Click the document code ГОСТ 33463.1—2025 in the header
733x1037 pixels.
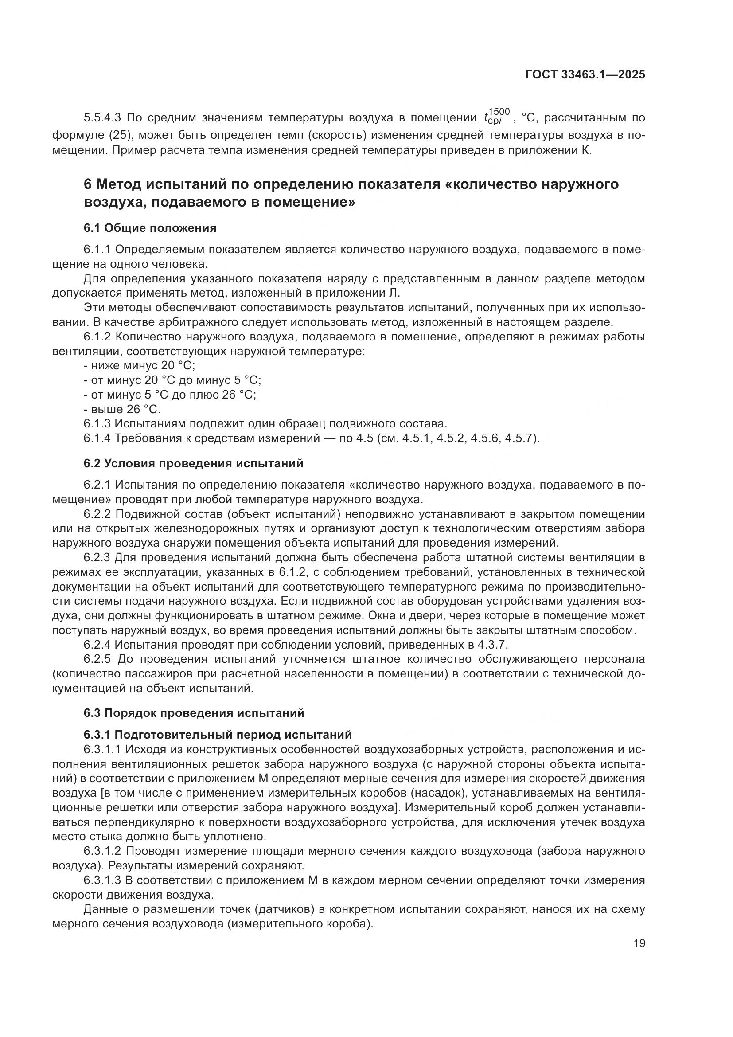pos(585,75)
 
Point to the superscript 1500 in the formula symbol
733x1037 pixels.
pos(499,112)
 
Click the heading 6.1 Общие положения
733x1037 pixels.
pos(150,228)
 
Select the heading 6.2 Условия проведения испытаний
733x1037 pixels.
pos(193,463)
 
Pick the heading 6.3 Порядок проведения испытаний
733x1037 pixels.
pos(194,713)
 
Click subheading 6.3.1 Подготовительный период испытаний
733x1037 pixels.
pos(218,735)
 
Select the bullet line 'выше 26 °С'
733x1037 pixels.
pos(123,409)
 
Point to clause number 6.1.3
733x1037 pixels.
pos(97,424)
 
